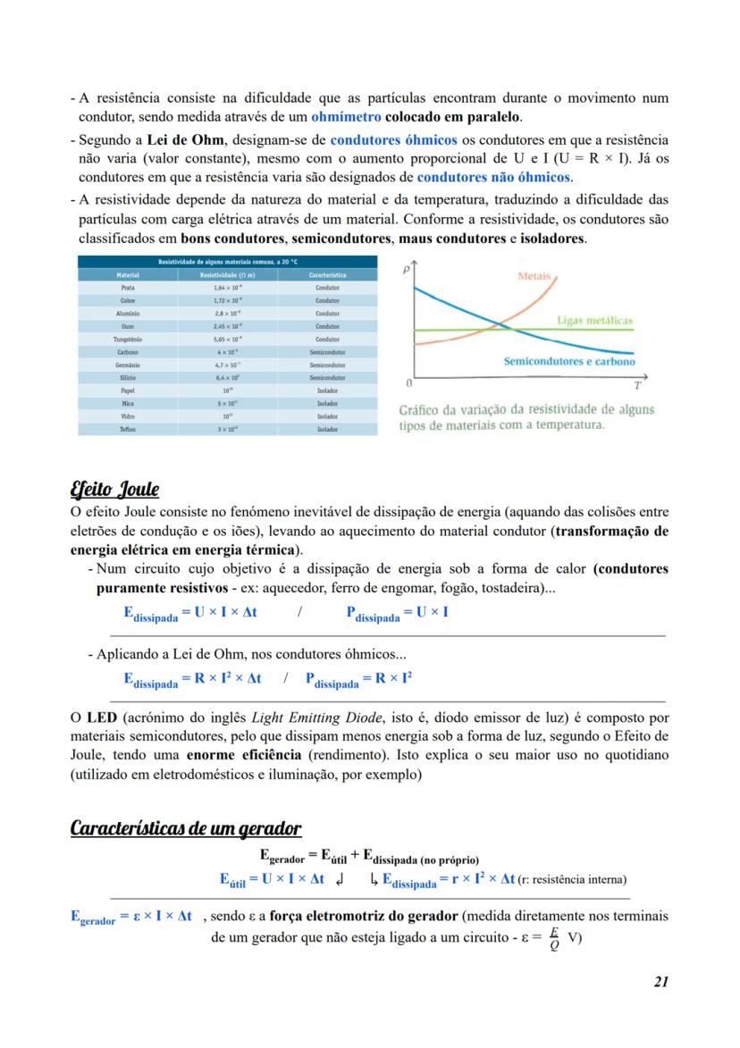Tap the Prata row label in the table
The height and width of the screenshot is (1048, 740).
(x=128, y=289)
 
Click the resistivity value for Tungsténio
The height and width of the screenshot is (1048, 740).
(x=228, y=340)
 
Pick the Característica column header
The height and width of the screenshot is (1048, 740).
(x=327, y=275)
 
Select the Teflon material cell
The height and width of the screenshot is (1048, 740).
(x=128, y=429)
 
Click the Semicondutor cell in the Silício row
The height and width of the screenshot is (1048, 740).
(x=327, y=378)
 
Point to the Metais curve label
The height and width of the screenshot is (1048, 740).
(x=534, y=277)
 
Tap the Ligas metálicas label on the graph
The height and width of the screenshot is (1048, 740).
(x=594, y=320)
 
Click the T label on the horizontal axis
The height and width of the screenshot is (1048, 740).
(x=637, y=386)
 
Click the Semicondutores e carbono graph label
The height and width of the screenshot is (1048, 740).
(x=569, y=362)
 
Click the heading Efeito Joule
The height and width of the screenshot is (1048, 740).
(x=114, y=489)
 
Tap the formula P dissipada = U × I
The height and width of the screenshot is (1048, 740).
(x=397, y=613)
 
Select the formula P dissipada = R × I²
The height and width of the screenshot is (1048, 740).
(x=358, y=679)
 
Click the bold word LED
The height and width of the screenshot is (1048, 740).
(x=100, y=717)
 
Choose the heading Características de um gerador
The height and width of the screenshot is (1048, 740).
(x=185, y=827)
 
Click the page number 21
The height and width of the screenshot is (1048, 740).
(x=660, y=981)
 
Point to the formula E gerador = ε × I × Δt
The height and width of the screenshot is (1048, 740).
(x=130, y=918)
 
